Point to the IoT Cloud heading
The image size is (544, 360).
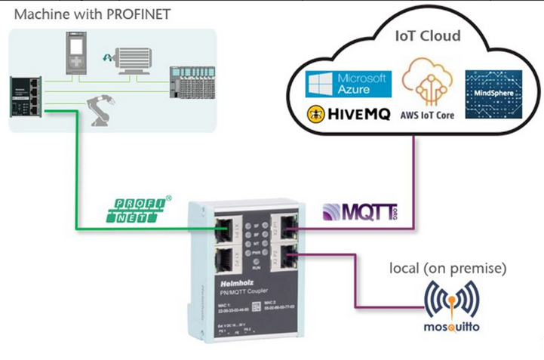pyautogui.click(x=429, y=36)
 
